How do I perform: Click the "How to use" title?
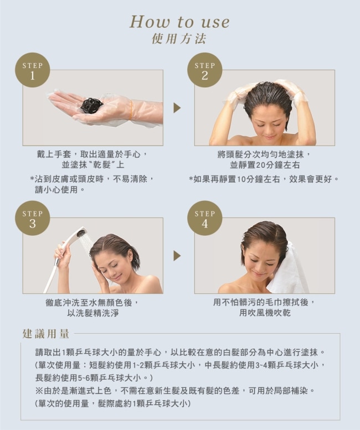coord(179,22)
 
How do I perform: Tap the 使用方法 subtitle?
coord(179,39)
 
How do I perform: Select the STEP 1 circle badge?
coord(32,70)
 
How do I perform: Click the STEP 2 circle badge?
coord(205,70)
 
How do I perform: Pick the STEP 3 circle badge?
coord(32,218)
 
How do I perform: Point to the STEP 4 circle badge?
coord(205,218)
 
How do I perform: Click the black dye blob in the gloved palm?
coord(91,105)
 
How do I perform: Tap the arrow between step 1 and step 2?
coord(177,108)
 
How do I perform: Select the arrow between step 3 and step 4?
coord(177,256)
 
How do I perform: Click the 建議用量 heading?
coord(46,334)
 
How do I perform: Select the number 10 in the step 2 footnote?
coord(241,179)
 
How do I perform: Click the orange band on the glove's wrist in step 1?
coord(131,110)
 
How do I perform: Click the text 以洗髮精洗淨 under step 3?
coord(93,313)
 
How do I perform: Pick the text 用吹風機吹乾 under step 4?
coord(265,313)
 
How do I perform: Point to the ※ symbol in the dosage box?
coord(39,391)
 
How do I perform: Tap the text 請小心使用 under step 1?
coord(56,189)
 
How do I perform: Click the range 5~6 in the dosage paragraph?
coord(84,378)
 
